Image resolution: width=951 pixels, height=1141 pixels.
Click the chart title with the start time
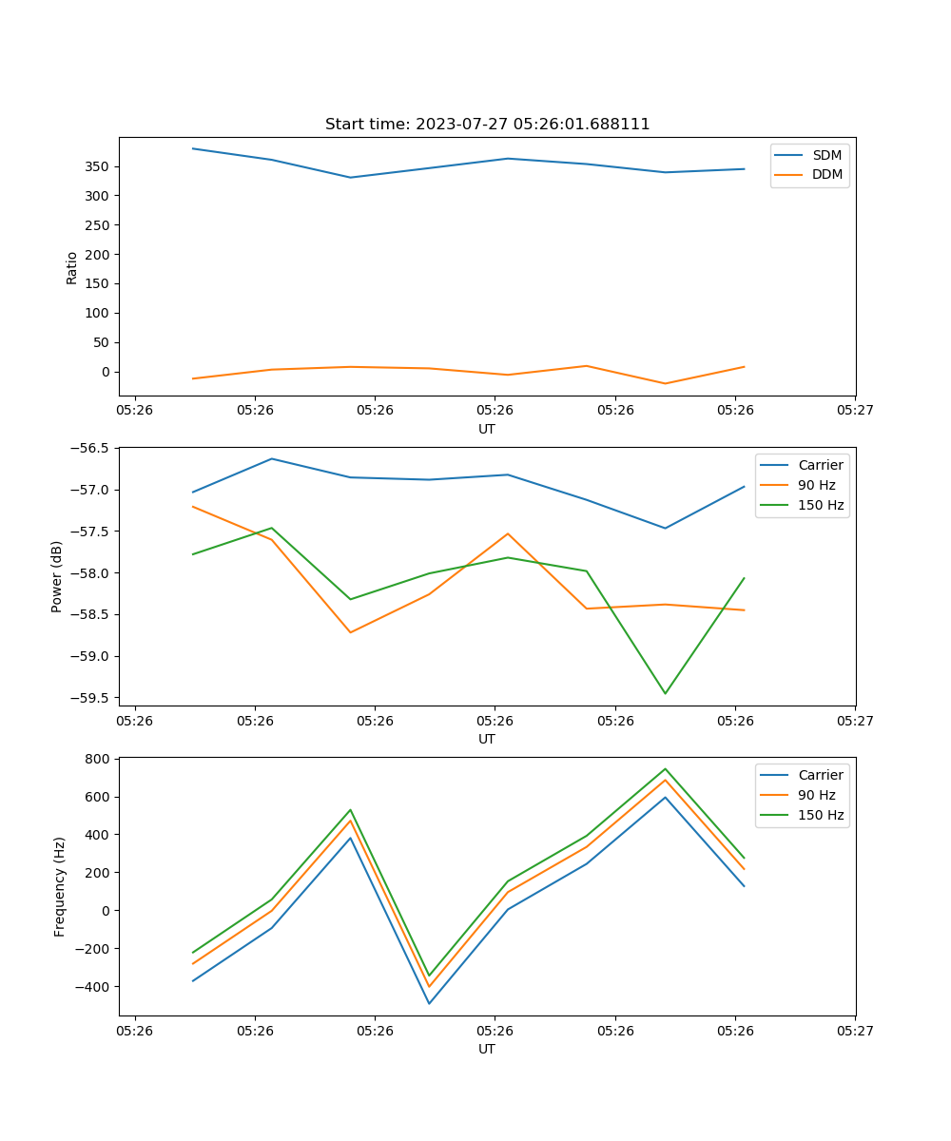[x=487, y=125]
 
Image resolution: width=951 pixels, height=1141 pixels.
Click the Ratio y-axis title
[x=72, y=267]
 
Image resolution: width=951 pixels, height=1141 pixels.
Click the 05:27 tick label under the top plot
[x=855, y=411]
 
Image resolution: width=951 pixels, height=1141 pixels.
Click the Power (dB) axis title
[x=57, y=576]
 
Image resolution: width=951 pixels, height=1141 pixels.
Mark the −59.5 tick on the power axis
[x=90, y=698]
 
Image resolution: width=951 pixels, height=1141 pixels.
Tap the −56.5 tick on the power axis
[x=90, y=448]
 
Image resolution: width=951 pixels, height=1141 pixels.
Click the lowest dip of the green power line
[x=665, y=693]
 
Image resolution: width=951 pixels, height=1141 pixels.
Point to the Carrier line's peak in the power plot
[x=272, y=458]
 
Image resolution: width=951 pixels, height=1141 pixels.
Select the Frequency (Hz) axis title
[x=59, y=886]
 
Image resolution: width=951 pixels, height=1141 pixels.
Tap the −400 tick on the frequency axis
[x=93, y=987]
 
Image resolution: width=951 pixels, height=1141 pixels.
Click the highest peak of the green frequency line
[x=665, y=768]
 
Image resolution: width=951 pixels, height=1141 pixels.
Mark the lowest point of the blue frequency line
[x=429, y=1003]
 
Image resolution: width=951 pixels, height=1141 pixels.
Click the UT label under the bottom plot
[x=487, y=1049]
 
